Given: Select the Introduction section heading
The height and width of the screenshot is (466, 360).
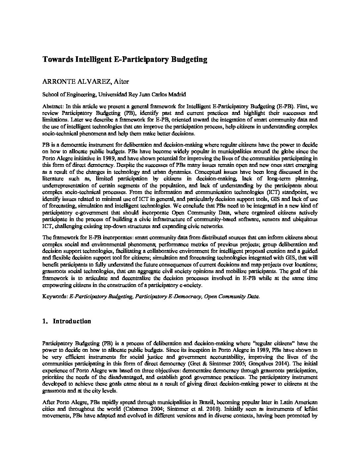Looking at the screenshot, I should coord(72,321).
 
